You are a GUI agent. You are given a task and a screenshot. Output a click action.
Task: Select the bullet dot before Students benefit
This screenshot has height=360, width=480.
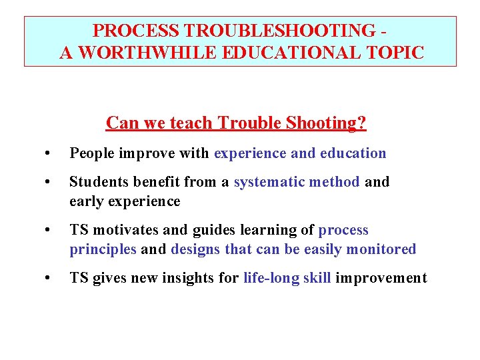45,182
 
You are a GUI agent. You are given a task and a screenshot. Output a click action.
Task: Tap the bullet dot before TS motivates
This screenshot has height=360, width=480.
45,230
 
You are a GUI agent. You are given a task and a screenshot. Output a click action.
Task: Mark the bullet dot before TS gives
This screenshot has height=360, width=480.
45,278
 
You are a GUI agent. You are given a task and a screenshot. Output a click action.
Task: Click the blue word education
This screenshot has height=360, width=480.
353,154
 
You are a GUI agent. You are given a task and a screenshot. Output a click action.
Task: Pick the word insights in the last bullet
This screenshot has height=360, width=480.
187,278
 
